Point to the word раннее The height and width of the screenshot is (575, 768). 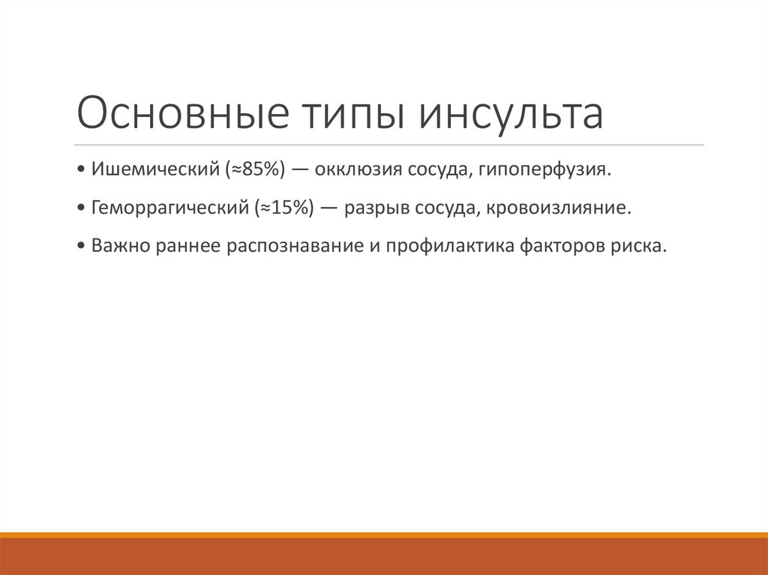[184, 246]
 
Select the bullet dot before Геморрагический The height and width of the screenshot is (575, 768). [81, 208]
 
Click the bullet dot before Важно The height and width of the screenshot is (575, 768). [81, 247]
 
